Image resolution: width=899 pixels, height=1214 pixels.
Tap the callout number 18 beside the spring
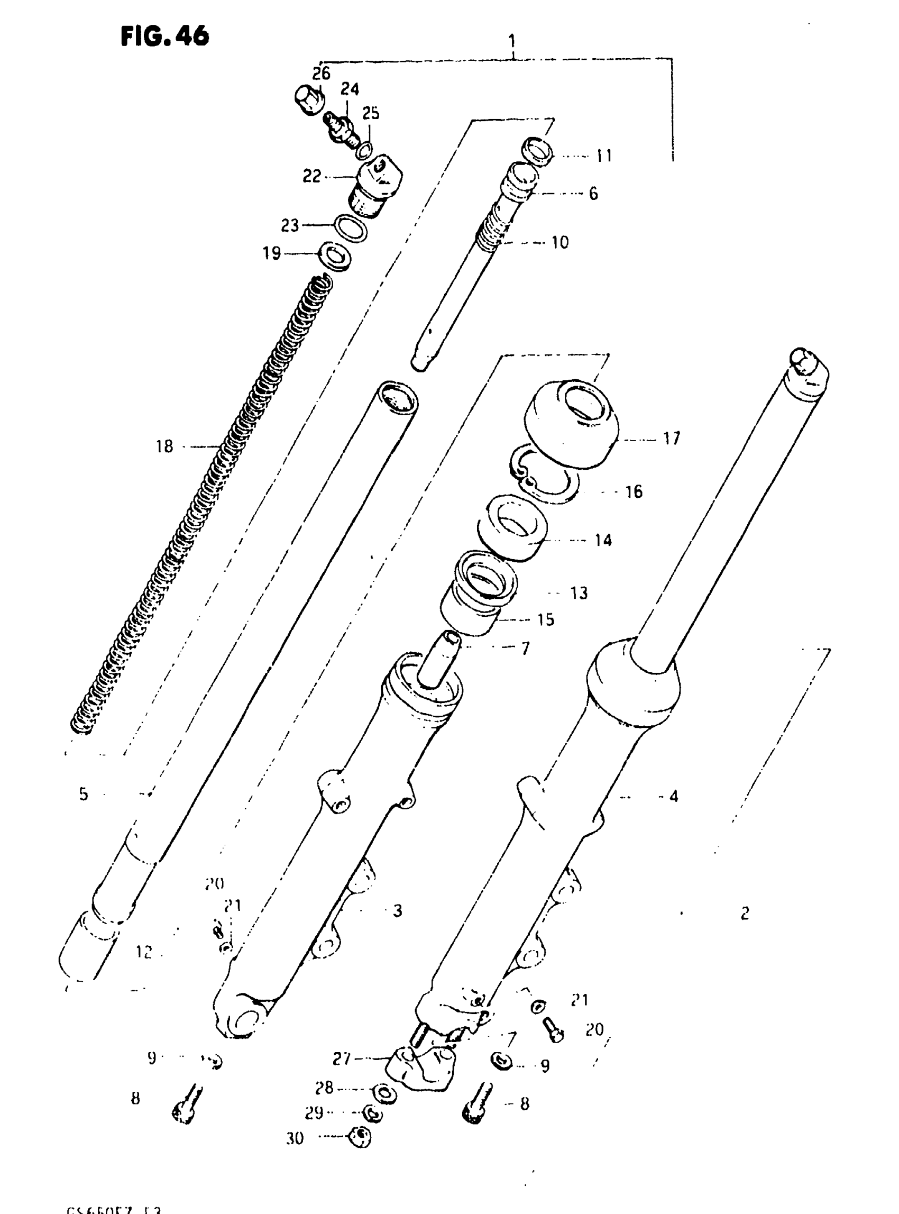(164, 446)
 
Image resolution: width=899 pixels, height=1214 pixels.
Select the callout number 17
(672, 438)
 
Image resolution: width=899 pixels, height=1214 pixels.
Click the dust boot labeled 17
(572, 425)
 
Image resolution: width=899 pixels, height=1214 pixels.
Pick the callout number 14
(603, 540)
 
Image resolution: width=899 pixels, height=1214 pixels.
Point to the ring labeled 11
(538, 151)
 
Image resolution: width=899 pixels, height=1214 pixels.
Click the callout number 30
(295, 1138)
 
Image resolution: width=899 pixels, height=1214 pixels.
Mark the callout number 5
(83, 795)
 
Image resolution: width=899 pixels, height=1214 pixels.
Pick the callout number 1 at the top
(511, 41)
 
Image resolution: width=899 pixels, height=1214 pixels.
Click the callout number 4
(674, 797)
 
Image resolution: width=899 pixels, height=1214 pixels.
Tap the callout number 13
(579, 593)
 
